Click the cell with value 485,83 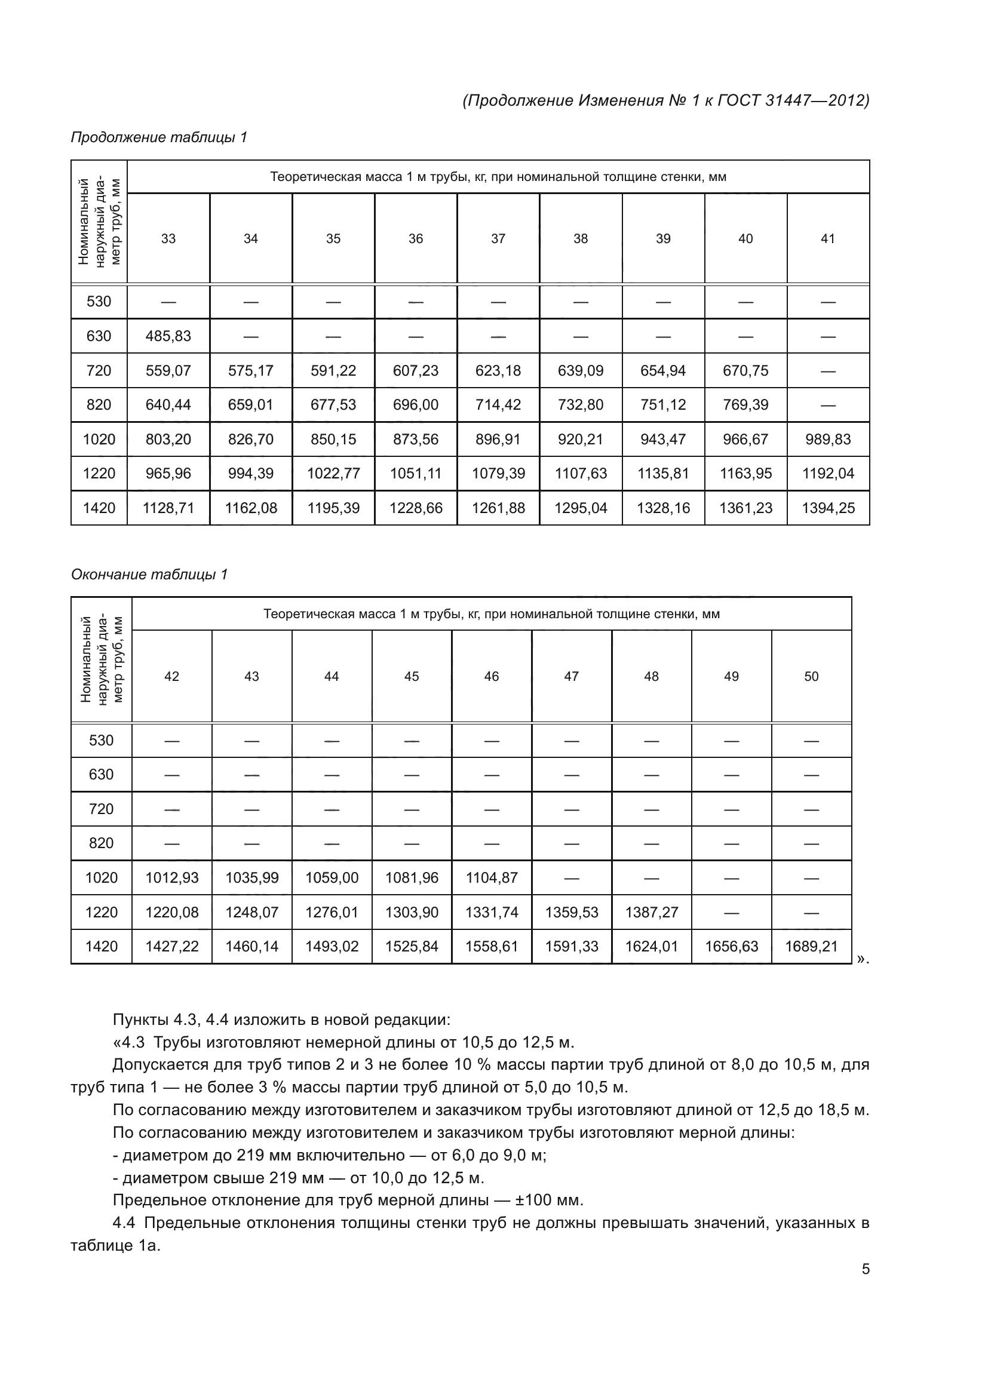pyautogui.click(x=168, y=336)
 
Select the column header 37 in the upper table pyautogui.click(x=498, y=238)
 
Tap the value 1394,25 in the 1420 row pyautogui.click(x=827, y=508)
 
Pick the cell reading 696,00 pyautogui.click(x=416, y=404)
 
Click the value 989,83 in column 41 pyautogui.click(x=827, y=440)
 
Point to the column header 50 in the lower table pyautogui.click(x=811, y=677)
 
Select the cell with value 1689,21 pyautogui.click(x=811, y=947)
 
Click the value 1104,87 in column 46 pyautogui.click(x=491, y=878)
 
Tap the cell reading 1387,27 pyautogui.click(x=651, y=913)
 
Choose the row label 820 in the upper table pyautogui.click(x=99, y=404)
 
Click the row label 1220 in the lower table pyautogui.click(x=101, y=913)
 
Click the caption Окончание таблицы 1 pyautogui.click(x=149, y=575)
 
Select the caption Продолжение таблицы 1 pyautogui.click(x=159, y=137)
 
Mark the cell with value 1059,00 pyautogui.click(x=332, y=878)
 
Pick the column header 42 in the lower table pyautogui.click(x=171, y=677)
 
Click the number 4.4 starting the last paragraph pyautogui.click(x=125, y=1223)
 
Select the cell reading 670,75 pyautogui.click(x=745, y=370)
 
